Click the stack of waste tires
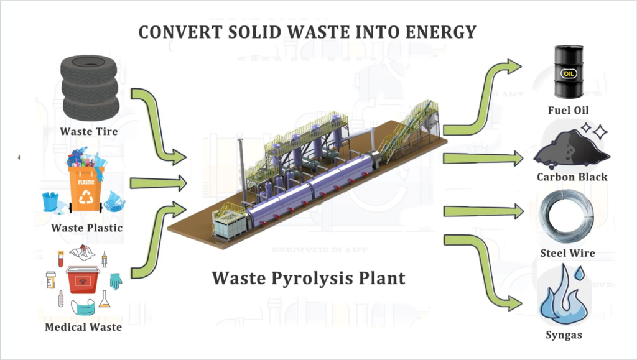point(90,89)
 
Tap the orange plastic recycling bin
point(86,188)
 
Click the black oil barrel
point(569,72)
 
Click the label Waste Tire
point(89,132)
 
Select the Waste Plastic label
point(86,228)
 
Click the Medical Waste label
point(83,327)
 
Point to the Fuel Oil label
point(568,111)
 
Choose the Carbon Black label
point(572,177)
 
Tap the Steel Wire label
point(567,253)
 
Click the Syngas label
point(565,335)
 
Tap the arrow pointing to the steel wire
point(483,212)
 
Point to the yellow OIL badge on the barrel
point(569,73)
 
